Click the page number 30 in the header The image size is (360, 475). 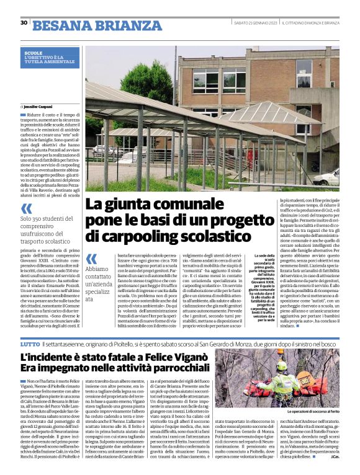(x=24, y=23)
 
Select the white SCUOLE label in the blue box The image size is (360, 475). (x=34, y=53)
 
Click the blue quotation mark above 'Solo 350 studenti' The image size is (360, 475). (x=27, y=208)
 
